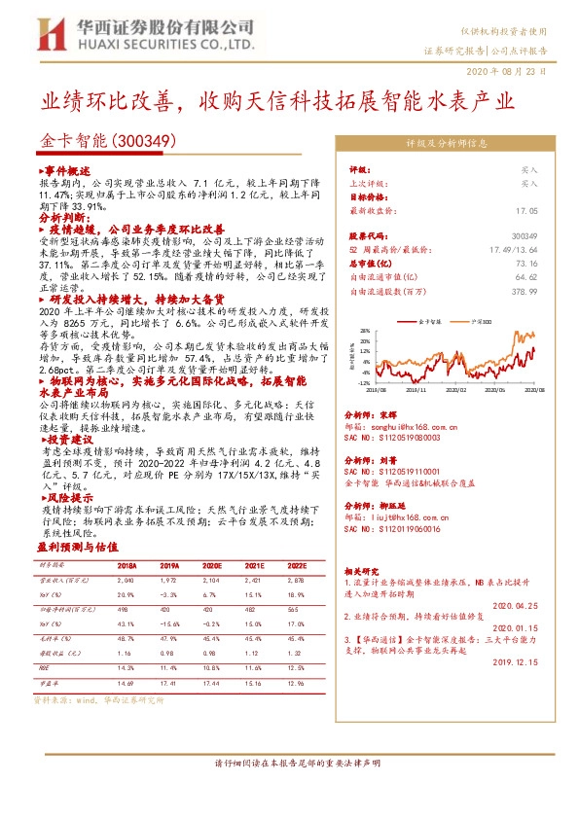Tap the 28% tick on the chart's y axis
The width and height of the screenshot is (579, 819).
pyautogui.click(x=364, y=329)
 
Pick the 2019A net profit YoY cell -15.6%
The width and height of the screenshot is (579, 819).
pyautogui.click(x=169, y=623)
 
